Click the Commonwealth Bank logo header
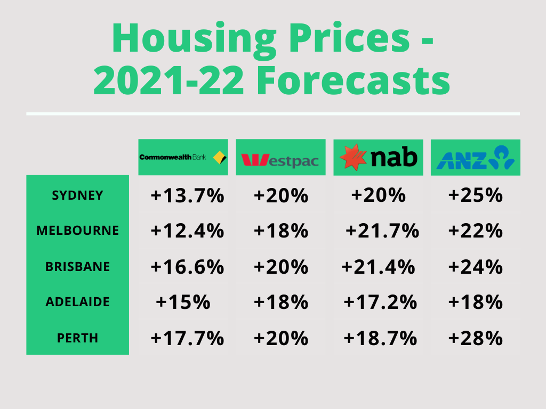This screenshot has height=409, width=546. coord(183,157)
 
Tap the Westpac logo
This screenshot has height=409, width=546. coord(280,157)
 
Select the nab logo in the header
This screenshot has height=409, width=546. coord(378,157)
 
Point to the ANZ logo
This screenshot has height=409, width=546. coord(475,157)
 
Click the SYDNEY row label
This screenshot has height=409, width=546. coord(77,195)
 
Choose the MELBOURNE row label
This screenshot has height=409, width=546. coord(77,231)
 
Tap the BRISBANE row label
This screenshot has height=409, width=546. coord(77,266)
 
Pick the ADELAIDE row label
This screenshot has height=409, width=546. coord(77,302)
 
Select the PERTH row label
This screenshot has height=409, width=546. coord(77,338)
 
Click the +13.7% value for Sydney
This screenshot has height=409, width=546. coord(187,196)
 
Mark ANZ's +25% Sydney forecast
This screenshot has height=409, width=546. coord(476,196)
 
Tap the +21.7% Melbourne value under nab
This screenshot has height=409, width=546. coord(382,231)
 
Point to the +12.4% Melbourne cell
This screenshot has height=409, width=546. coord(187,231)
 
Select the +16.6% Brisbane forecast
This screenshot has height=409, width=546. coord(187,267)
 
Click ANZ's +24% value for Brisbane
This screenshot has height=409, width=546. coord(476,267)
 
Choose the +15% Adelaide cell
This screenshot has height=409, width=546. coord(183,302)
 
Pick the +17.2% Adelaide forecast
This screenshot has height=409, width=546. coord(380,302)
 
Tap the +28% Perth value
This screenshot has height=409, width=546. coord(476,338)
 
